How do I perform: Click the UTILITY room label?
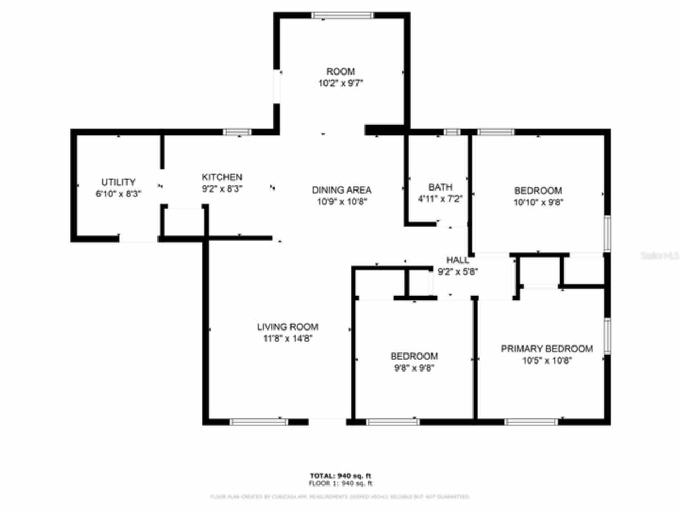(x=118, y=182)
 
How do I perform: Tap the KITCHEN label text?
(x=222, y=177)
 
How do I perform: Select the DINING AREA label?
(x=342, y=190)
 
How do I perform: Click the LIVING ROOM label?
(x=287, y=327)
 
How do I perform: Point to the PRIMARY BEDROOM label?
(x=546, y=349)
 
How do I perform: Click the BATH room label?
(x=440, y=187)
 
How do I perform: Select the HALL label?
(x=458, y=260)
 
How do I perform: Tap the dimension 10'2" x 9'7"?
(x=340, y=83)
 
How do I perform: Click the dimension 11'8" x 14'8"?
(x=287, y=339)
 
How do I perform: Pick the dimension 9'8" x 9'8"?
(x=414, y=368)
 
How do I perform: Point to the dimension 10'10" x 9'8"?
(x=538, y=202)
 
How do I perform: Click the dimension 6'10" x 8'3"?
(x=118, y=194)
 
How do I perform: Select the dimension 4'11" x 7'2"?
(x=440, y=199)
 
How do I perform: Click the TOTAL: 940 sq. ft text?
(x=340, y=475)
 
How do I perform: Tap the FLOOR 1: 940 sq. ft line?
(x=340, y=483)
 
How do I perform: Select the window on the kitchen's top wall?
(x=237, y=132)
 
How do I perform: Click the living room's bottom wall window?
(x=259, y=422)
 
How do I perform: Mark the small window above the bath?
(x=452, y=132)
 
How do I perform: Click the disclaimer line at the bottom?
(x=340, y=497)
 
